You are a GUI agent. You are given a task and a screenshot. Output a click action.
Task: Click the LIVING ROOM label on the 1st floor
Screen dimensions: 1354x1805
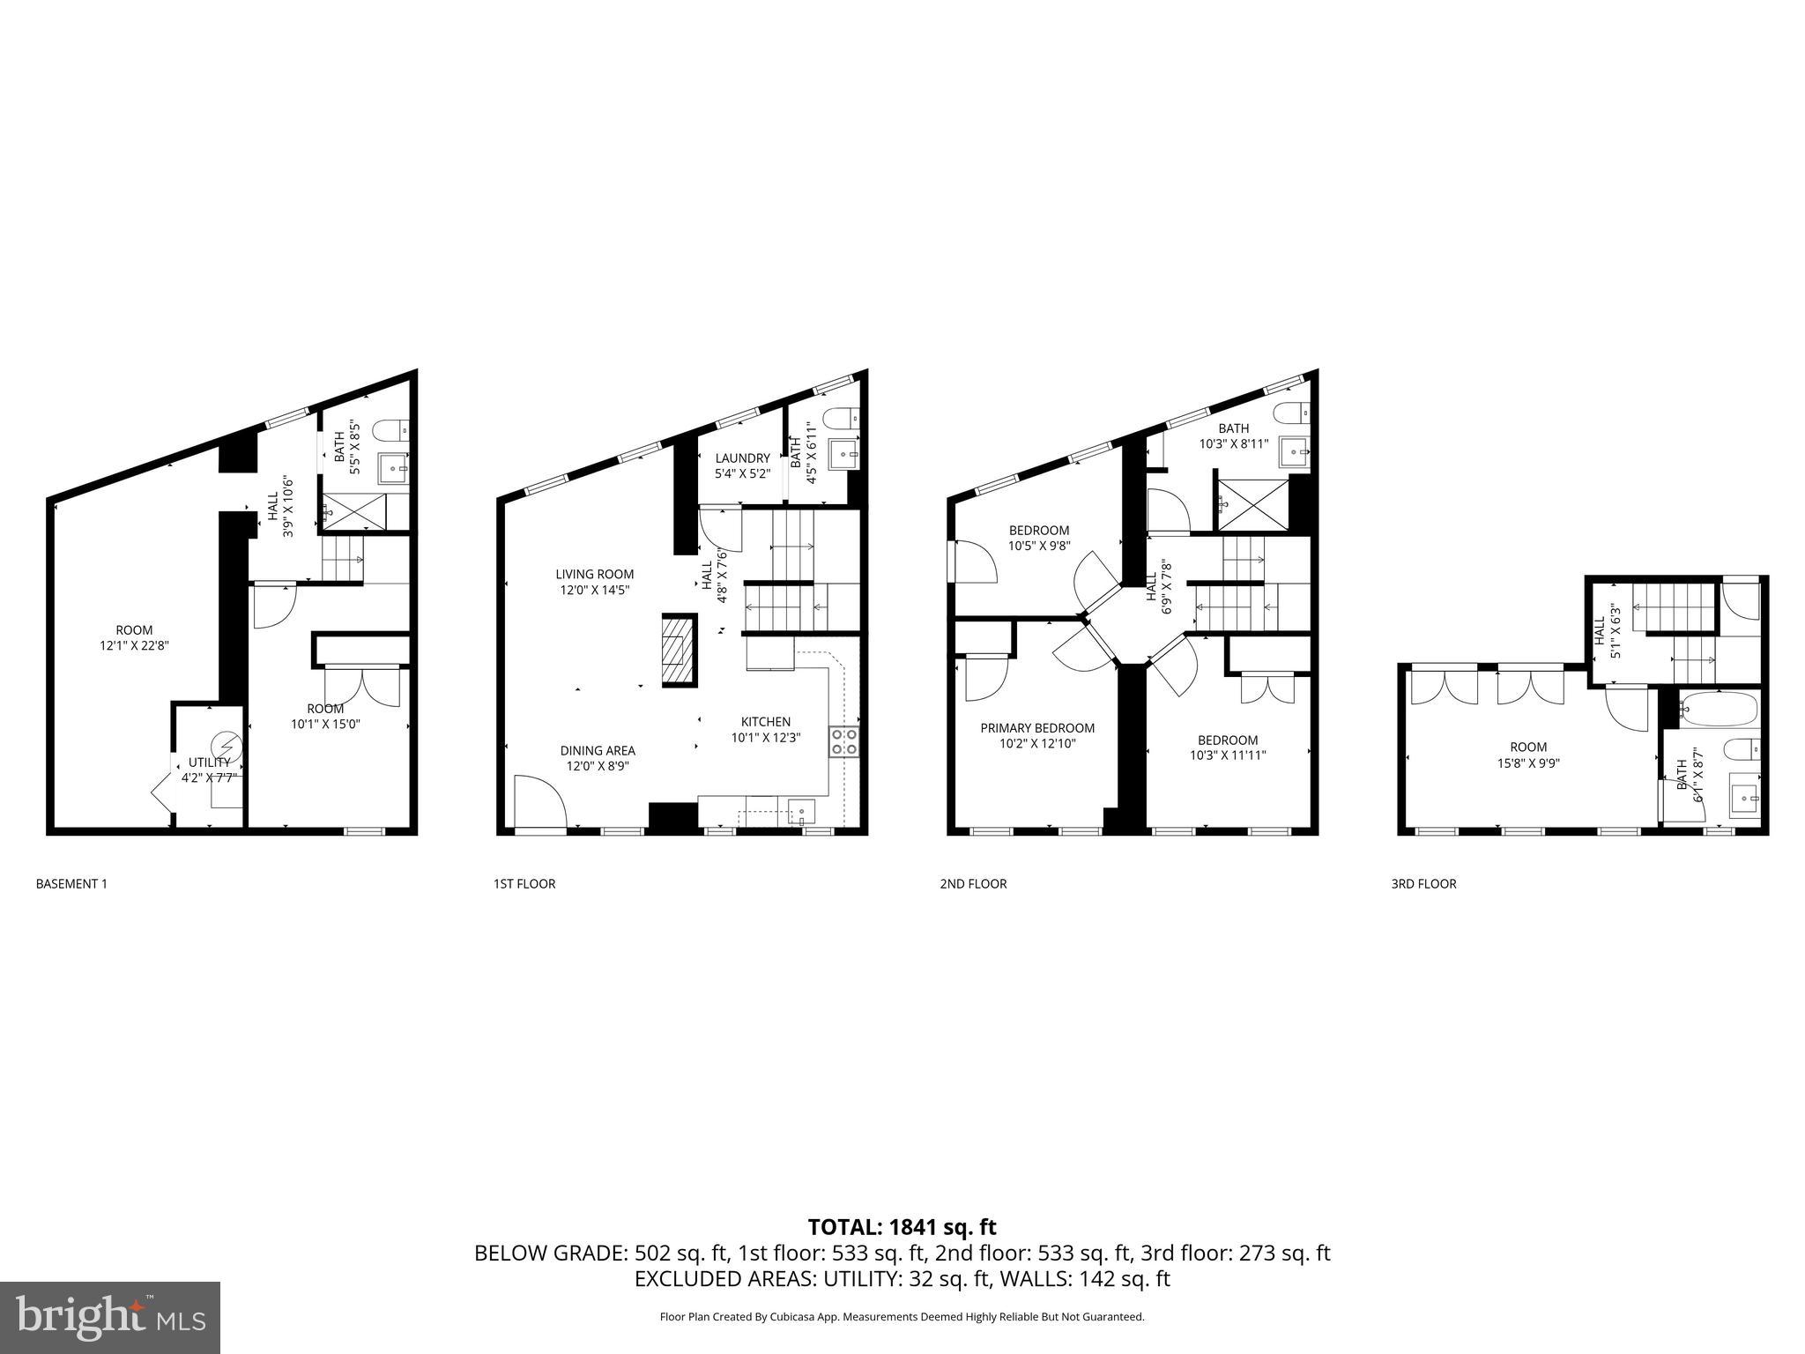click(x=594, y=574)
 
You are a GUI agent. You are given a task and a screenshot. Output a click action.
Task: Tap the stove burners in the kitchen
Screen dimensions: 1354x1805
click(x=843, y=741)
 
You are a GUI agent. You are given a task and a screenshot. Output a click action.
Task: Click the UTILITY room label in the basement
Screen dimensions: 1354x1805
click(x=209, y=763)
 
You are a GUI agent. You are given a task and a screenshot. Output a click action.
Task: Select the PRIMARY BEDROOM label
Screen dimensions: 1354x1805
click(x=1037, y=728)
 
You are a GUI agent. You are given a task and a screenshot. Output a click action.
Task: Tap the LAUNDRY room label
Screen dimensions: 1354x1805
click(x=742, y=458)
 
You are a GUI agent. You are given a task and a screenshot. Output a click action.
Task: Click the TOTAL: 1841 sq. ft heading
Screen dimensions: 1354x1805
click(x=902, y=1227)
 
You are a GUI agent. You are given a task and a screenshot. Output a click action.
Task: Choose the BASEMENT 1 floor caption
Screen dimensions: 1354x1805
click(x=71, y=883)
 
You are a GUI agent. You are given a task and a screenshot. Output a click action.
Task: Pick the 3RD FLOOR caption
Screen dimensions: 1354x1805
click(x=1423, y=883)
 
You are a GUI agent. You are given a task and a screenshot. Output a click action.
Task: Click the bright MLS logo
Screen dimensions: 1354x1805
click(x=110, y=1318)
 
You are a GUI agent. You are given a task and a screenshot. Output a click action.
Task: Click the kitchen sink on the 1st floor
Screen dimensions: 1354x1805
click(x=801, y=812)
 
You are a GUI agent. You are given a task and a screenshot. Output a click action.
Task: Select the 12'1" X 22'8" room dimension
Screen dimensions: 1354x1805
click(x=134, y=645)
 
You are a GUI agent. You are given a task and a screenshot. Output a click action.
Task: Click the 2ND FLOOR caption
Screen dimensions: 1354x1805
click(x=973, y=883)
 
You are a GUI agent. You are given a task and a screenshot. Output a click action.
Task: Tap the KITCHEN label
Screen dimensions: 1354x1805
click(x=765, y=722)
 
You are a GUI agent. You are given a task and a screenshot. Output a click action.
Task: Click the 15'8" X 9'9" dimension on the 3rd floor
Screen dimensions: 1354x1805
click(x=1527, y=763)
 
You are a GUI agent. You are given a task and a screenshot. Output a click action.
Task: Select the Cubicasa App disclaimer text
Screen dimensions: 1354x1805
click(x=902, y=1317)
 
